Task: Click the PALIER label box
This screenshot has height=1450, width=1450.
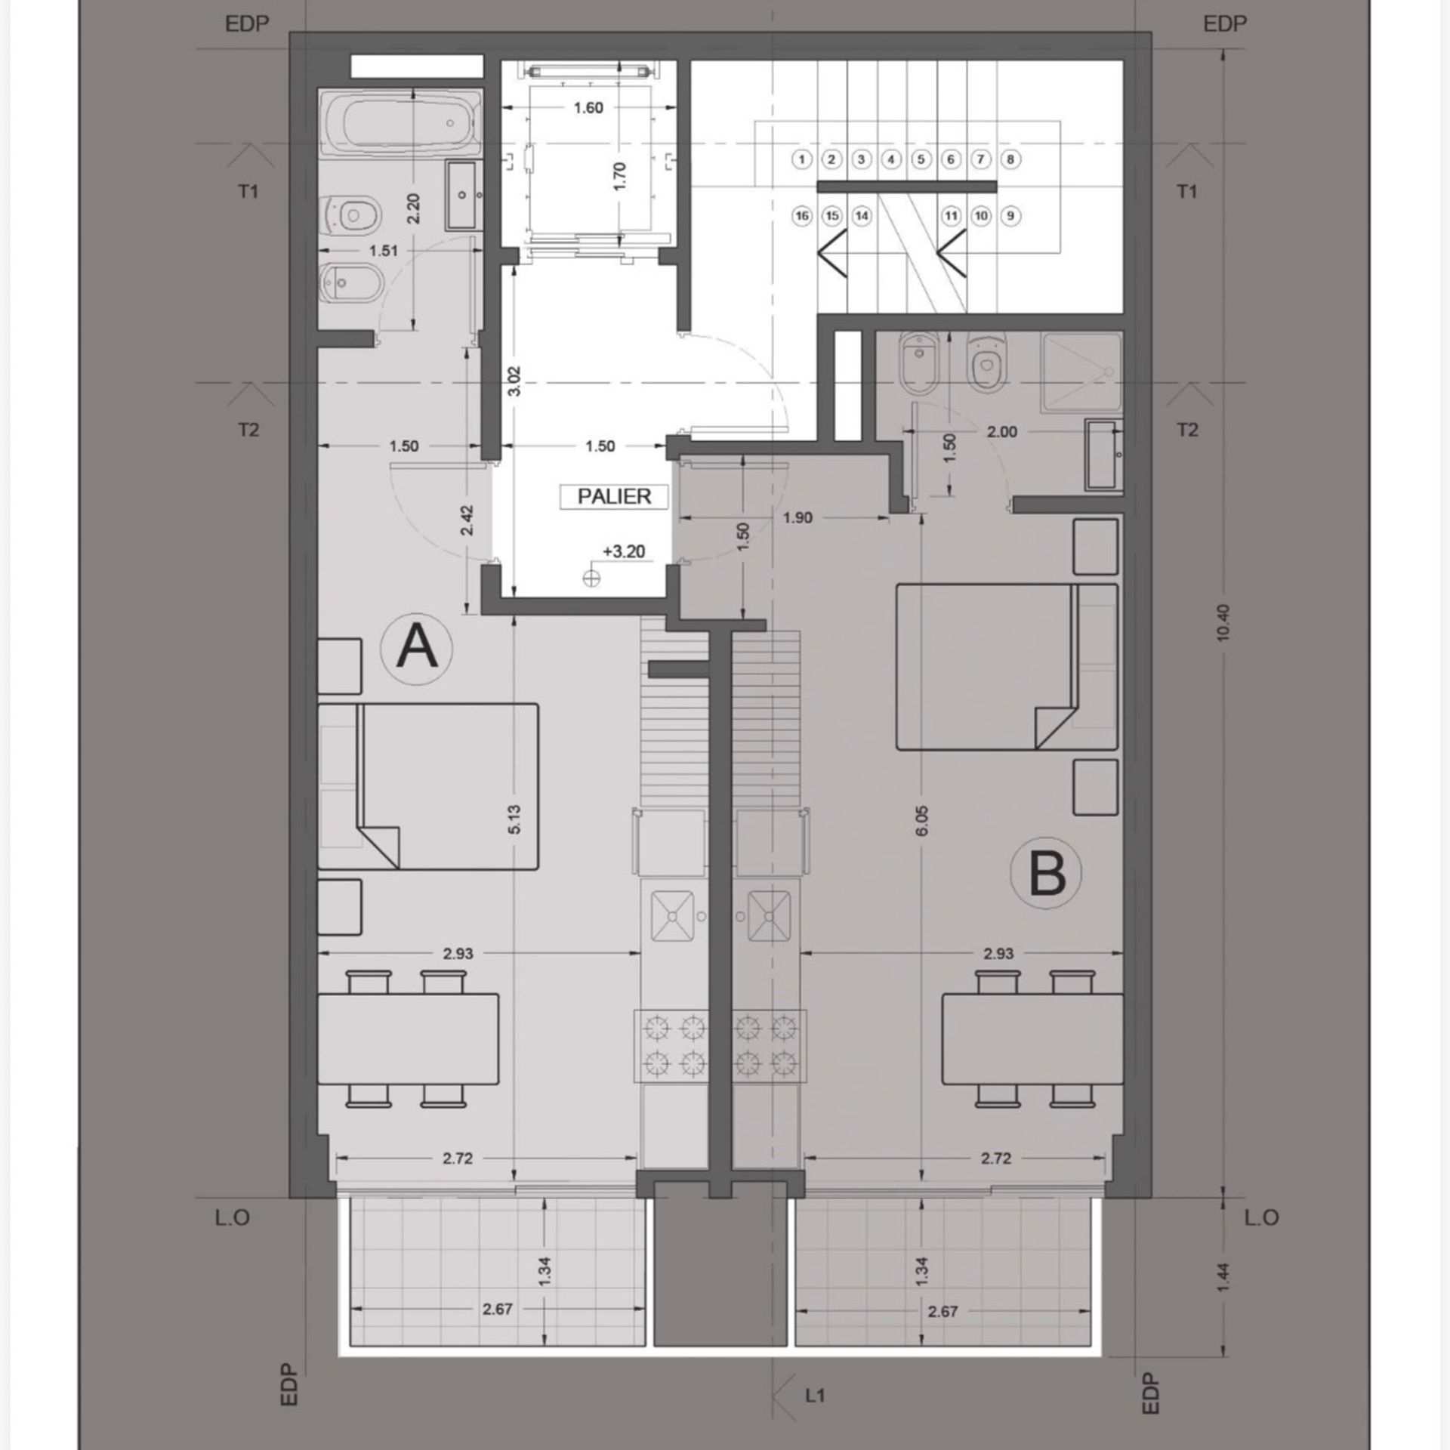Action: click(x=614, y=496)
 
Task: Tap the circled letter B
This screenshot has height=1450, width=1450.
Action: click(x=1047, y=873)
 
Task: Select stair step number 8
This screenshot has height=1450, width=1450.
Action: click(x=1010, y=159)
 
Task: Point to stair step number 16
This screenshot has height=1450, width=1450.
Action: click(x=802, y=216)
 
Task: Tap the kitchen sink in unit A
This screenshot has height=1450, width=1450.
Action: click(x=671, y=916)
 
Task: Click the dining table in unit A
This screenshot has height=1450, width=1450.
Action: click(x=408, y=1040)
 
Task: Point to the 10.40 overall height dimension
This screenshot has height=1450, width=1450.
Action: click(x=1224, y=622)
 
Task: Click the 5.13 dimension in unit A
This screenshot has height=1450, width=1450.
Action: click(x=514, y=819)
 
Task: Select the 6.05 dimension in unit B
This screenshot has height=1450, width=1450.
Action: click(x=922, y=821)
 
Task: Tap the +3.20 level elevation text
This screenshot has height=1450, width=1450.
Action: click(x=624, y=551)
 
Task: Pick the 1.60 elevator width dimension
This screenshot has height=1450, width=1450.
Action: click(x=588, y=108)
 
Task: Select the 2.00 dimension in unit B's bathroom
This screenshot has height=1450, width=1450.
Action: click(x=1002, y=432)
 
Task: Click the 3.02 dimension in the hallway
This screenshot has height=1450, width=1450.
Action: click(x=514, y=381)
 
